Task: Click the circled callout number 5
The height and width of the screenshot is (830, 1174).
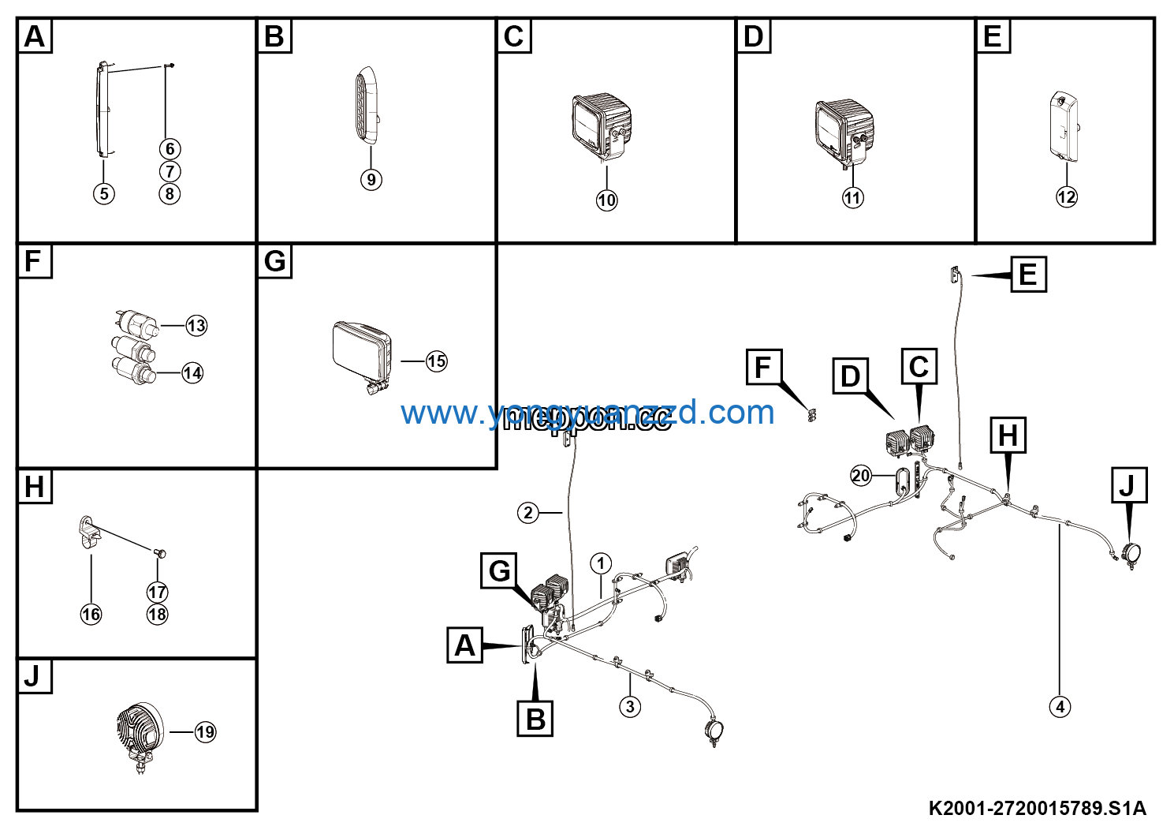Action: click(x=103, y=193)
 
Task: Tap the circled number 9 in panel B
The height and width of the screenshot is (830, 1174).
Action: click(x=371, y=180)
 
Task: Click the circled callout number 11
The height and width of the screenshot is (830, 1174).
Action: click(x=852, y=197)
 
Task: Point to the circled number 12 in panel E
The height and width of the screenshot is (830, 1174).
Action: click(x=1066, y=196)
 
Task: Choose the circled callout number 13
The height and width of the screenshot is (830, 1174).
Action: click(x=196, y=325)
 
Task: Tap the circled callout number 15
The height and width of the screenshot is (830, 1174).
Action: click(x=436, y=361)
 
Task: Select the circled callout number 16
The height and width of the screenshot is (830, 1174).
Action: click(x=91, y=614)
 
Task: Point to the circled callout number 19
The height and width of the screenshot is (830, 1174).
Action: click(x=205, y=732)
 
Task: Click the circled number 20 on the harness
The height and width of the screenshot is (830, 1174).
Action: click(x=861, y=476)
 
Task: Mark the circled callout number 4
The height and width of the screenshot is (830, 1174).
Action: click(x=1060, y=707)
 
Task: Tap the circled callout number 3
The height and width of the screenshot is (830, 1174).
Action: click(x=629, y=706)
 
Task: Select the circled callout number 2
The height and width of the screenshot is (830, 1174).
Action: click(x=528, y=513)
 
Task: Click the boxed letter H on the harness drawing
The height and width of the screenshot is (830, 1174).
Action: click(x=1008, y=436)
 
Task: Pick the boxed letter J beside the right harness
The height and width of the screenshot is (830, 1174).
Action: click(x=1128, y=485)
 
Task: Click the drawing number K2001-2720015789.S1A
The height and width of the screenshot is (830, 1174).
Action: click(x=1037, y=808)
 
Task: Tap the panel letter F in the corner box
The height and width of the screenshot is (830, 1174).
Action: click(x=34, y=261)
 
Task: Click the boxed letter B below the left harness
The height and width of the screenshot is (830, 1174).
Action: click(x=535, y=719)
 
